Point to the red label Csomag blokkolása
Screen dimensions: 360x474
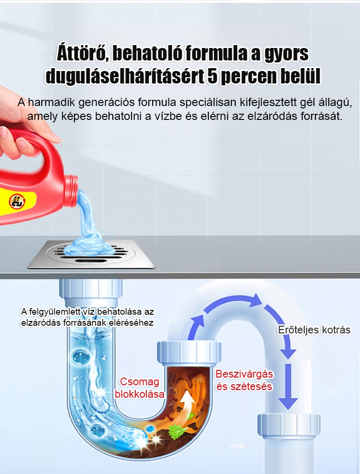coord(140,388)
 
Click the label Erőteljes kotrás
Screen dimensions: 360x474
coord(314,330)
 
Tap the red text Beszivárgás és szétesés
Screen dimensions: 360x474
coord(244,380)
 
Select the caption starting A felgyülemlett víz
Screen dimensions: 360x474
coord(87,317)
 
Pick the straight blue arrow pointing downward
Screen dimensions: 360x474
coord(288,386)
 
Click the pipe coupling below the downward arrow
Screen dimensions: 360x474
coord(288,426)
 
